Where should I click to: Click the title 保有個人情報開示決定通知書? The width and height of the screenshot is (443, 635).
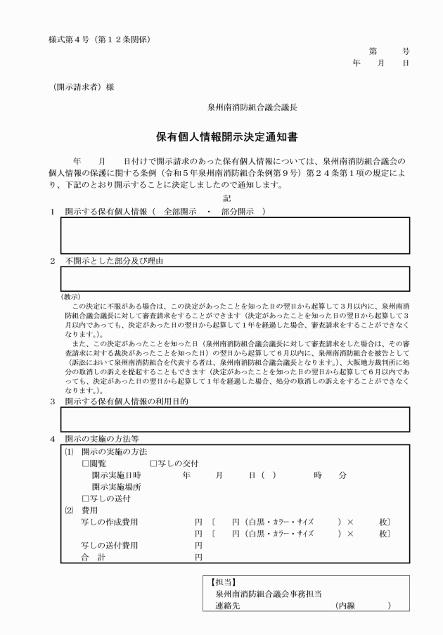222,139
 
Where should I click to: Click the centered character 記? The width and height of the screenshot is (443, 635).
226,199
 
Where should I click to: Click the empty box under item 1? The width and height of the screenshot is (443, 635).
234,235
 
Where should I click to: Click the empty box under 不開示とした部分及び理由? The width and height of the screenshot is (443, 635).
234,278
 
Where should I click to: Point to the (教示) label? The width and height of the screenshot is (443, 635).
72,297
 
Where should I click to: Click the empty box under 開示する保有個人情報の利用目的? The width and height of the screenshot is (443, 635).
234,418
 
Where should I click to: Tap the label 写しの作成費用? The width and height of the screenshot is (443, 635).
110,522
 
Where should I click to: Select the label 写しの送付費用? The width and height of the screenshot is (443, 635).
110,546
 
